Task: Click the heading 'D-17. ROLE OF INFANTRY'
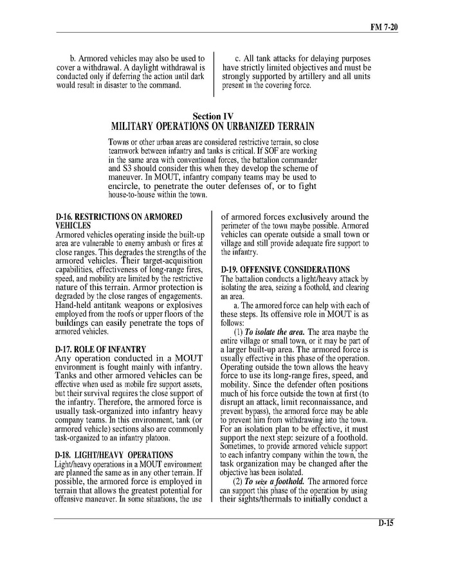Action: click(x=101, y=349)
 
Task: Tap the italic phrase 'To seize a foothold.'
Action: click(x=277, y=482)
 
